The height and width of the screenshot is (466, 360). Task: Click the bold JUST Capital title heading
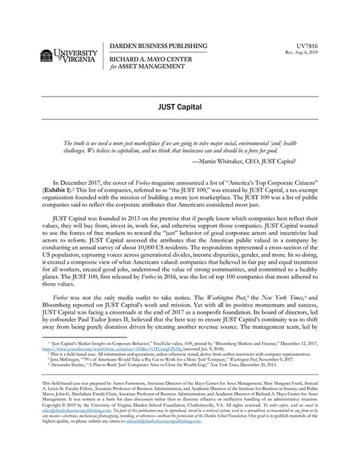point(180,108)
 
